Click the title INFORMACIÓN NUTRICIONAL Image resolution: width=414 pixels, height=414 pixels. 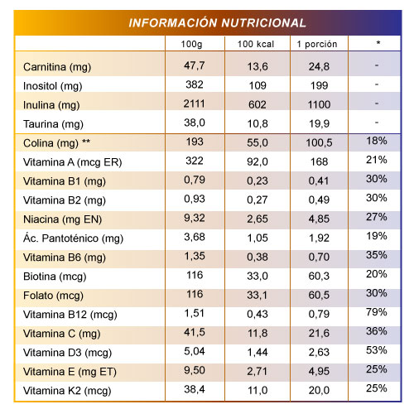[x=217, y=22]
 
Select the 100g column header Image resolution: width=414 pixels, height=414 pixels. [x=191, y=44]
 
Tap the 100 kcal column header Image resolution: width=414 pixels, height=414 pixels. [x=256, y=44]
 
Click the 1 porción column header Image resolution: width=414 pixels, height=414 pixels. [x=317, y=44]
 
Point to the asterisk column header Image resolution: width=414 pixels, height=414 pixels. [x=378, y=43]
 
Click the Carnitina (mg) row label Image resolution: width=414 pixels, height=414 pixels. [x=57, y=67]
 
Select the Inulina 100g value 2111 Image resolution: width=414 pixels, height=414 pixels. [x=195, y=103]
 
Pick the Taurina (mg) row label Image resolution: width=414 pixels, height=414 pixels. [x=53, y=124]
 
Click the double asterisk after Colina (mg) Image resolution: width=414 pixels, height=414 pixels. [x=86, y=142]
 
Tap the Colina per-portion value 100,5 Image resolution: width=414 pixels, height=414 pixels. [x=319, y=142]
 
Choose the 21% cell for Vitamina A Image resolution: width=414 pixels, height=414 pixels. [x=377, y=160]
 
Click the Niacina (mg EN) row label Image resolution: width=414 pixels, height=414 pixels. [x=63, y=219]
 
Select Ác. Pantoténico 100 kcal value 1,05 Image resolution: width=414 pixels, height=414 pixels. [x=258, y=238]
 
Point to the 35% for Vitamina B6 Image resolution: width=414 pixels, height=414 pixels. [x=377, y=255]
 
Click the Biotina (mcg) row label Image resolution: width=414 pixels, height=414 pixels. [x=55, y=277]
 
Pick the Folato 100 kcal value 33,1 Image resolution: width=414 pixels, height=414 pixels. [x=258, y=295]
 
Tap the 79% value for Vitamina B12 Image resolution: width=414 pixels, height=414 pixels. [x=377, y=312]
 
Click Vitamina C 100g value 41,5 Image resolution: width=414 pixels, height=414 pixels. [x=195, y=332]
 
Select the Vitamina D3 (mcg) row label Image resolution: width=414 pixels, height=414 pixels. [x=68, y=353]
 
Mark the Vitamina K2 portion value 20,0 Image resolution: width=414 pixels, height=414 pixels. [x=319, y=390]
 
